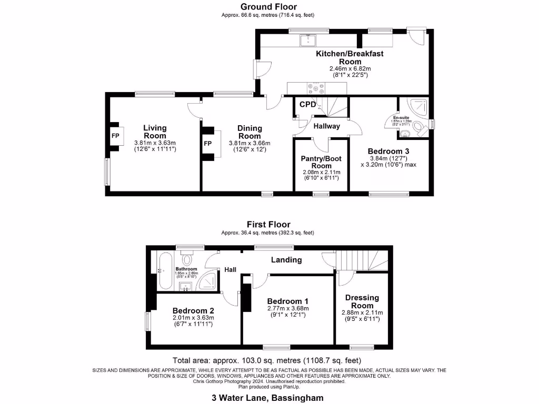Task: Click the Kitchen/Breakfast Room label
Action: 350,57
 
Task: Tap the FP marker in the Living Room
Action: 115,136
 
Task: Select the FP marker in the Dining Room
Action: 208,144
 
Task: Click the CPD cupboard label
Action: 307,104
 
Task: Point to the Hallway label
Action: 326,126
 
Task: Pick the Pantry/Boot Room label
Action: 321,162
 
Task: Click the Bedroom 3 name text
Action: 388,151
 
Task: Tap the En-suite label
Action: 402,117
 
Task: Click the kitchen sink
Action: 307,39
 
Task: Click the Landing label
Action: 286,260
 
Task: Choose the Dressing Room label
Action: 362,301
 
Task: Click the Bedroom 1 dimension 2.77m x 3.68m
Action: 287,309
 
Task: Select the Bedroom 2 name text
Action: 193,310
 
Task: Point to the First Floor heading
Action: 268,225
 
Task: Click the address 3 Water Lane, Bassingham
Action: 268,398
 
